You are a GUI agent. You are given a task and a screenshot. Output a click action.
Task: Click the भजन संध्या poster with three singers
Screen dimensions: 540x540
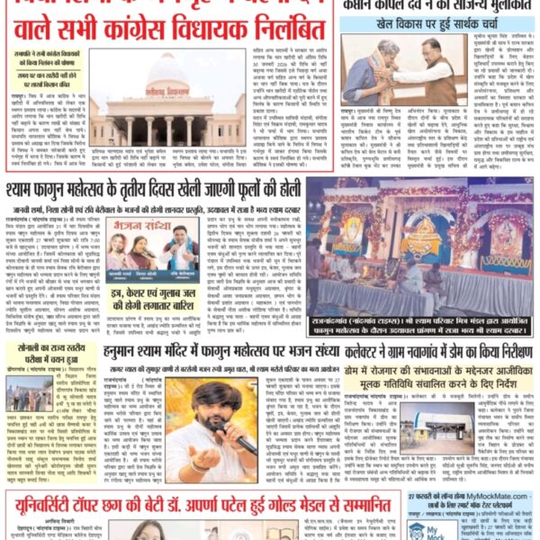[139, 251]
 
